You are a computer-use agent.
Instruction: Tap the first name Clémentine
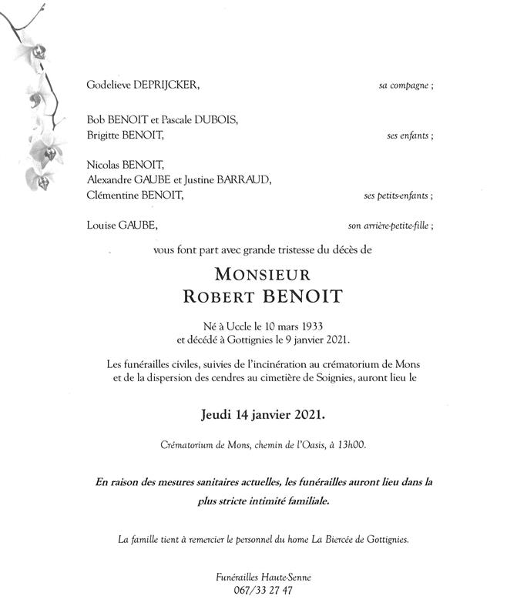click(x=111, y=196)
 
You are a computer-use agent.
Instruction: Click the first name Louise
click(x=100, y=226)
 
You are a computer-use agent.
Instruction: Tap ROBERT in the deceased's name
click(x=219, y=296)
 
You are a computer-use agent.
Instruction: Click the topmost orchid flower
click(x=33, y=52)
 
